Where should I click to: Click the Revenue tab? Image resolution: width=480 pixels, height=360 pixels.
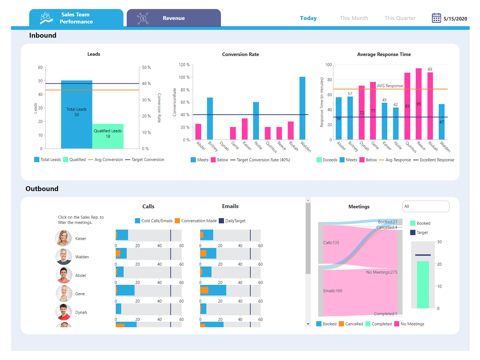tap(173, 18)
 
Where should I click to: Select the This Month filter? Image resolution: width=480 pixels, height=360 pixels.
tap(354, 18)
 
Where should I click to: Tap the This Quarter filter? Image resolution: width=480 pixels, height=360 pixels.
tap(400, 18)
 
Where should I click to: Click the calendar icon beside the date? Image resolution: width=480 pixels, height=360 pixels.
tap(436, 18)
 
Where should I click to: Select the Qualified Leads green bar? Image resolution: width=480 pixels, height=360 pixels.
tap(108, 136)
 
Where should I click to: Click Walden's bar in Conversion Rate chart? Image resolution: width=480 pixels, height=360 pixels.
tap(302, 108)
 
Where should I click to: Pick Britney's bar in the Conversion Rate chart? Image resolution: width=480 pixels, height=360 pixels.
tap(210, 118)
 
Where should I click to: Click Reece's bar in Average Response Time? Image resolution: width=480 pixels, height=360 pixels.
tap(418, 104)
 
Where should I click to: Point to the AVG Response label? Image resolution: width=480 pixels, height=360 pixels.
tap(390, 86)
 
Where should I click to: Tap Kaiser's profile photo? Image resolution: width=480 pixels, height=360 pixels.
tap(63, 238)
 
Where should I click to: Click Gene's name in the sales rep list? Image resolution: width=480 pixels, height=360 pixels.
tap(80, 294)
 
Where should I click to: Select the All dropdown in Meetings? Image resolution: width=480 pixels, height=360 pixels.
tap(425, 206)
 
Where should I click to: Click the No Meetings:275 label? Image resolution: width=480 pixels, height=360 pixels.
tap(381, 272)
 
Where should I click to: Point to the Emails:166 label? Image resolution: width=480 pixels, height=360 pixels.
tap(333, 291)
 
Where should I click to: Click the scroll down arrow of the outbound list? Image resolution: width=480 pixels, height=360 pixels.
tap(308, 324)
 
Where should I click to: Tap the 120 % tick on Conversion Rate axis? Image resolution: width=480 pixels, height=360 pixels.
tap(184, 65)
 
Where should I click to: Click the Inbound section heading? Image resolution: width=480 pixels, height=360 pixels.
tap(43, 35)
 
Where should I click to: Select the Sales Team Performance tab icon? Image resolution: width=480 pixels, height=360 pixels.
tap(46, 18)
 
